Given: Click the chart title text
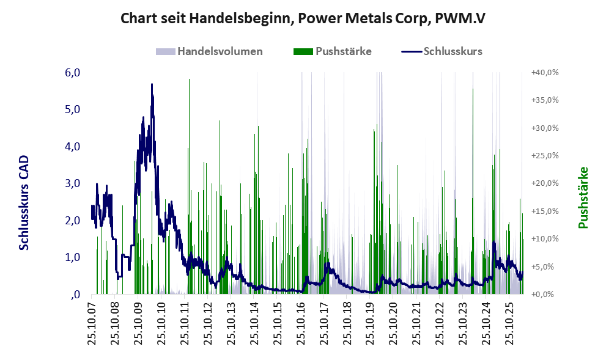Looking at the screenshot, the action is [x=303, y=18].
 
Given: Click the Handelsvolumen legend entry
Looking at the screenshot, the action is [x=209, y=51].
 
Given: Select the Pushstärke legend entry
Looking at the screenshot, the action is [x=333, y=51].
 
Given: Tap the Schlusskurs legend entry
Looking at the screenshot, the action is [x=442, y=51].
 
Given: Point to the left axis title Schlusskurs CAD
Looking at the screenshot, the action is [x=24, y=203].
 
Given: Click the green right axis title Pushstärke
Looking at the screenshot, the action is [x=583, y=197].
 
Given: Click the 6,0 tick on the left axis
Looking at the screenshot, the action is [x=72, y=73].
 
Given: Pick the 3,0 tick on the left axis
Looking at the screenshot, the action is [x=72, y=183].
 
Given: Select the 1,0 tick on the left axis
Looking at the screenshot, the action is [x=72, y=257].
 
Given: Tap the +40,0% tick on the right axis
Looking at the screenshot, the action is [x=545, y=73].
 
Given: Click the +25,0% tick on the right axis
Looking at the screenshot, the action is [x=545, y=156].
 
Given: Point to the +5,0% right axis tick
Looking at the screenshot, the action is [x=545, y=266].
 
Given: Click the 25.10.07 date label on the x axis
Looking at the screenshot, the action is [x=92, y=324].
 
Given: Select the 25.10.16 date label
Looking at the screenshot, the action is [x=300, y=324].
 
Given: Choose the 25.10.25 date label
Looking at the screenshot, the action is [x=509, y=324].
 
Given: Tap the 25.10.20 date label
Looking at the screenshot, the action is [x=393, y=324].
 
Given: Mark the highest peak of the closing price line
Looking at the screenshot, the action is [x=152, y=84].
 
